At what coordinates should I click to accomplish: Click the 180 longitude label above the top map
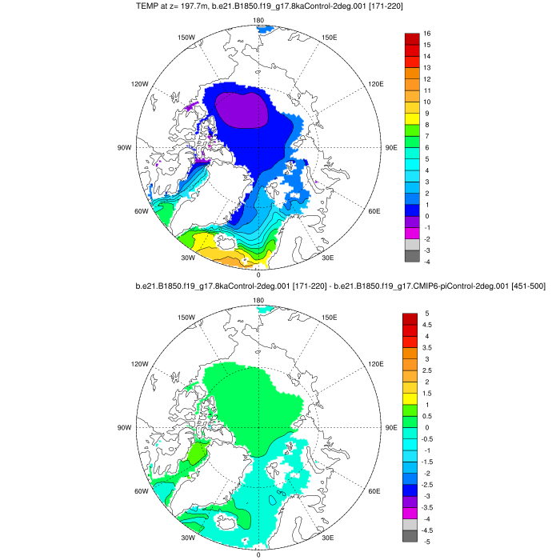(x=258, y=21)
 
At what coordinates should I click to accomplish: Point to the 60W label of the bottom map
(x=141, y=490)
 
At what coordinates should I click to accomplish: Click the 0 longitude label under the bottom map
(x=258, y=554)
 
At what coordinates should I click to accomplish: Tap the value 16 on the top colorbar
(x=428, y=34)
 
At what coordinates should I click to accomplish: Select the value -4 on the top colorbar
(x=427, y=262)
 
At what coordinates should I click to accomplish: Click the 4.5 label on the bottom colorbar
(x=429, y=325)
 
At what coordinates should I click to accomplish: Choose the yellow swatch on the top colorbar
(x=412, y=114)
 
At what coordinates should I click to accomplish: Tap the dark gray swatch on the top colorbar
(x=412, y=256)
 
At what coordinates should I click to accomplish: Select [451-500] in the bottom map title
(x=522, y=286)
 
